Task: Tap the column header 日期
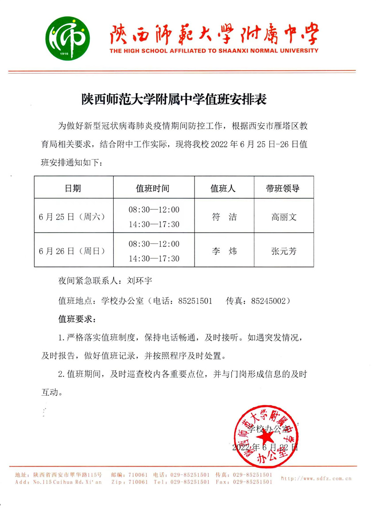73,188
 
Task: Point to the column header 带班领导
282,188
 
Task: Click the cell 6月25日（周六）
72,217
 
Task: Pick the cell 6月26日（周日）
72,251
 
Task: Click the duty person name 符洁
224,217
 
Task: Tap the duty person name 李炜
224,251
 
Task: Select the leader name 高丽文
283,217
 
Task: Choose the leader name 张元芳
283,251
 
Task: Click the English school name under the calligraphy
214,51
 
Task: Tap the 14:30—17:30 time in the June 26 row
154,259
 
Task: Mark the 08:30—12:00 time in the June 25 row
154,209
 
